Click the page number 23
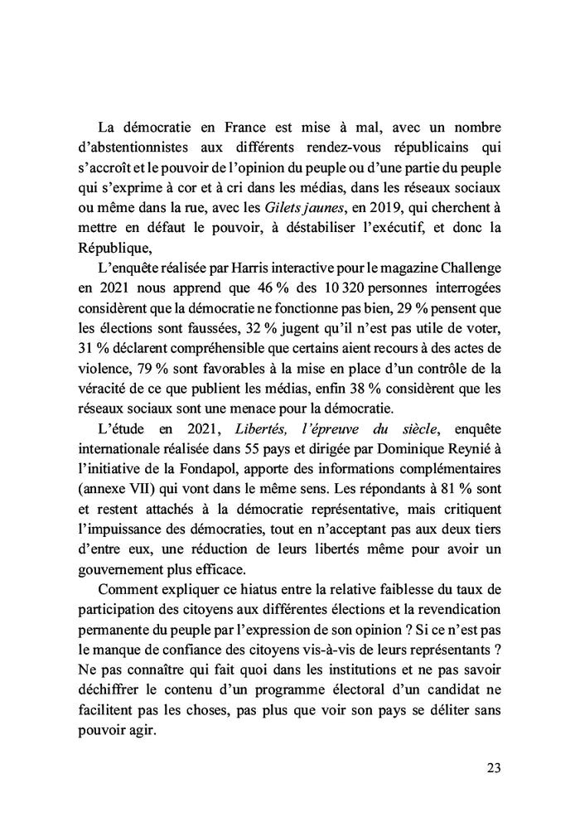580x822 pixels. click(x=493, y=768)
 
